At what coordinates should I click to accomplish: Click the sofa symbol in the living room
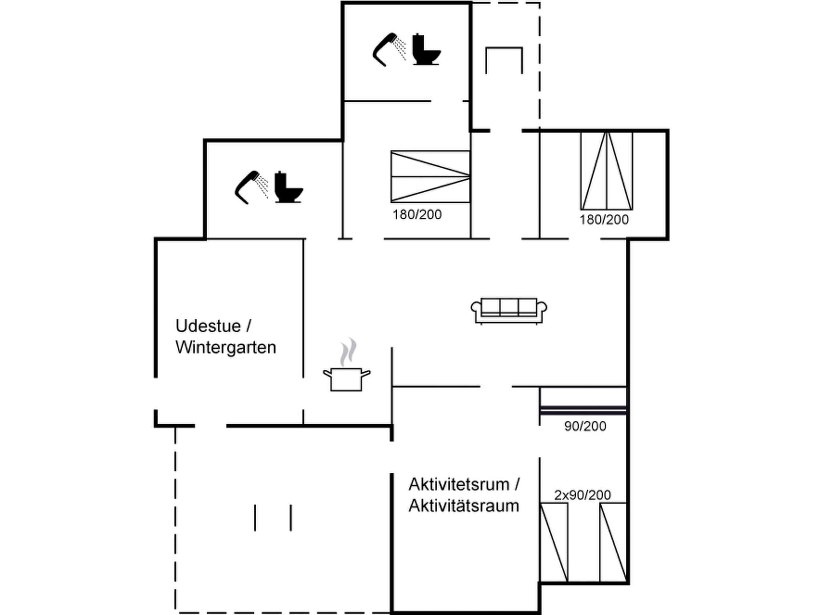(508, 310)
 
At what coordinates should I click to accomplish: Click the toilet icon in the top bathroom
(426, 50)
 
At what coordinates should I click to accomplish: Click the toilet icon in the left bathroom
(288, 187)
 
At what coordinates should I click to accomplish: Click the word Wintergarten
(225, 347)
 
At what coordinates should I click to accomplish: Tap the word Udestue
(208, 326)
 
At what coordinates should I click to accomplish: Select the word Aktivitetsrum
(459, 484)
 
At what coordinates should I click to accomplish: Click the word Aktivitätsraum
(464, 506)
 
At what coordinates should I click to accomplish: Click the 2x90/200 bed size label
(582, 495)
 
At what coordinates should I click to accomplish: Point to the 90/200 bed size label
(585, 426)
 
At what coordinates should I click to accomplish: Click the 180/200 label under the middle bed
(417, 215)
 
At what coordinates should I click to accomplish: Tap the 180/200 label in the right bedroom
(604, 219)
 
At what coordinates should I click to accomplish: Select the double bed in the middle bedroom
(430, 177)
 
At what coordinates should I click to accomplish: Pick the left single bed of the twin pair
(554, 542)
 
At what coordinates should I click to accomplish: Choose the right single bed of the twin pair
(613, 542)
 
